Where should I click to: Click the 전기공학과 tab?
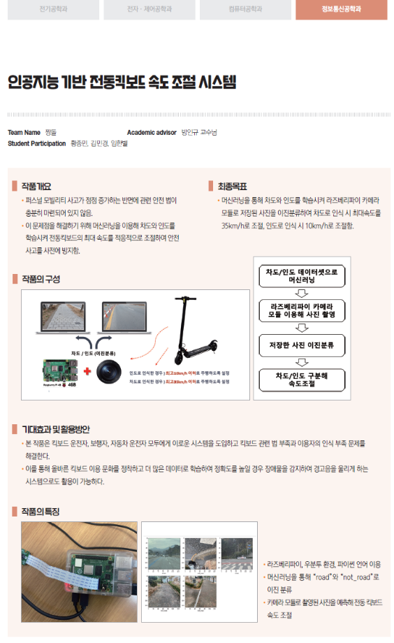click(54, 10)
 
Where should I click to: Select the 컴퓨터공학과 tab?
click(245, 10)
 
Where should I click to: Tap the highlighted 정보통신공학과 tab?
click(340, 10)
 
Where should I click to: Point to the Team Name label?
click(24, 132)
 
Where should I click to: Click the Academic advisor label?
click(152, 132)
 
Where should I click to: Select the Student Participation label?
click(36, 143)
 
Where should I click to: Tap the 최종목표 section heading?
click(232, 187)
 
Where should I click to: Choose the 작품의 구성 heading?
click(41, 279)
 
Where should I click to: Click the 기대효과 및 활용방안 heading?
click(55, 429)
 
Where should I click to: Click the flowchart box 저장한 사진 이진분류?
click(302, 345)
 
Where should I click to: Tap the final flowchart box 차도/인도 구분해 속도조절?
click(302, 380)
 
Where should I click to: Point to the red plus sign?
click(87, 371)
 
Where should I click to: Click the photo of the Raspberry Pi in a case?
click(79, 563)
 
